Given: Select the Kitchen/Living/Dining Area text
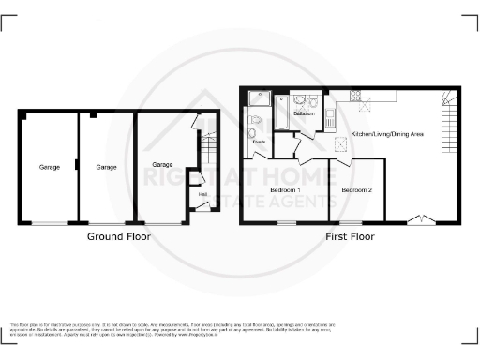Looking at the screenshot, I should pos(387,135).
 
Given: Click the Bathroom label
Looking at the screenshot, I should pos(303,113).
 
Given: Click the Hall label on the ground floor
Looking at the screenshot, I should pos(202,195).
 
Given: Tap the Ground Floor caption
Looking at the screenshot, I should pos(119,237).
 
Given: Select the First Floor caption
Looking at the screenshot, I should pos(351,237).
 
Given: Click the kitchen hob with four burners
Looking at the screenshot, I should pos(356,96).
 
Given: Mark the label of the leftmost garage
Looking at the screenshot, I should pos(49,168).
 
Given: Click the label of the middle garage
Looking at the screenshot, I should pos(106,168).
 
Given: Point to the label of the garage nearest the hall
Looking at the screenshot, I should pos(162,165).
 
